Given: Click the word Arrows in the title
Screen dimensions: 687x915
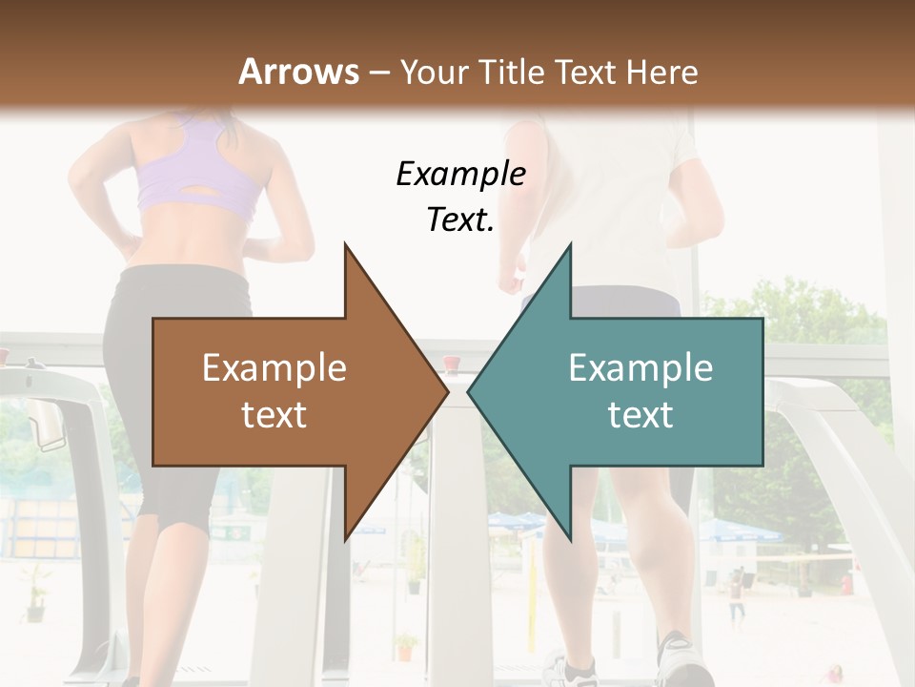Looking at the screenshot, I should [299, 73].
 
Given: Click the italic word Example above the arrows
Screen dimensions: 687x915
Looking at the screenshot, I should [460, 174].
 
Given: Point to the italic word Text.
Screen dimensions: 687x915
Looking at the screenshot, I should [460, 220].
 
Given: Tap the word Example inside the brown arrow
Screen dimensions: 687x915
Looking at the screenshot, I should [274, 368].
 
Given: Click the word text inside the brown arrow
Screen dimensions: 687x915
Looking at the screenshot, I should [274, 415].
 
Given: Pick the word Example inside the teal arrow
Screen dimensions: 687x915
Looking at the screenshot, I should [640, 368].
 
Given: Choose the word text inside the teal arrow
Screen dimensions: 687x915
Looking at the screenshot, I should [640, 415].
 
